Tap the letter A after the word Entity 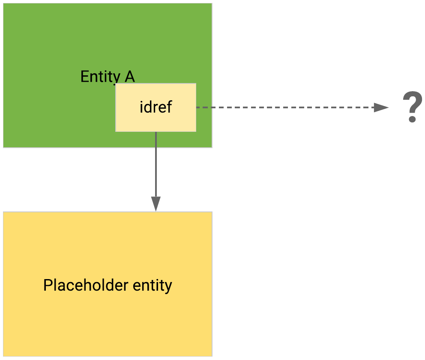pos(129,77)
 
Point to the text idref pos(156,107)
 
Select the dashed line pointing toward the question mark pos(283,107)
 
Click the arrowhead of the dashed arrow pos(380,107)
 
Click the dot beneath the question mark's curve pos(412,119)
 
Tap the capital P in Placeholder pos(48,285)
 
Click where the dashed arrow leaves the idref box pos(197,107)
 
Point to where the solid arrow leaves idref pos(156,132)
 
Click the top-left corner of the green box pos(4,4)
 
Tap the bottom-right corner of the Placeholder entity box pos(212,356)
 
